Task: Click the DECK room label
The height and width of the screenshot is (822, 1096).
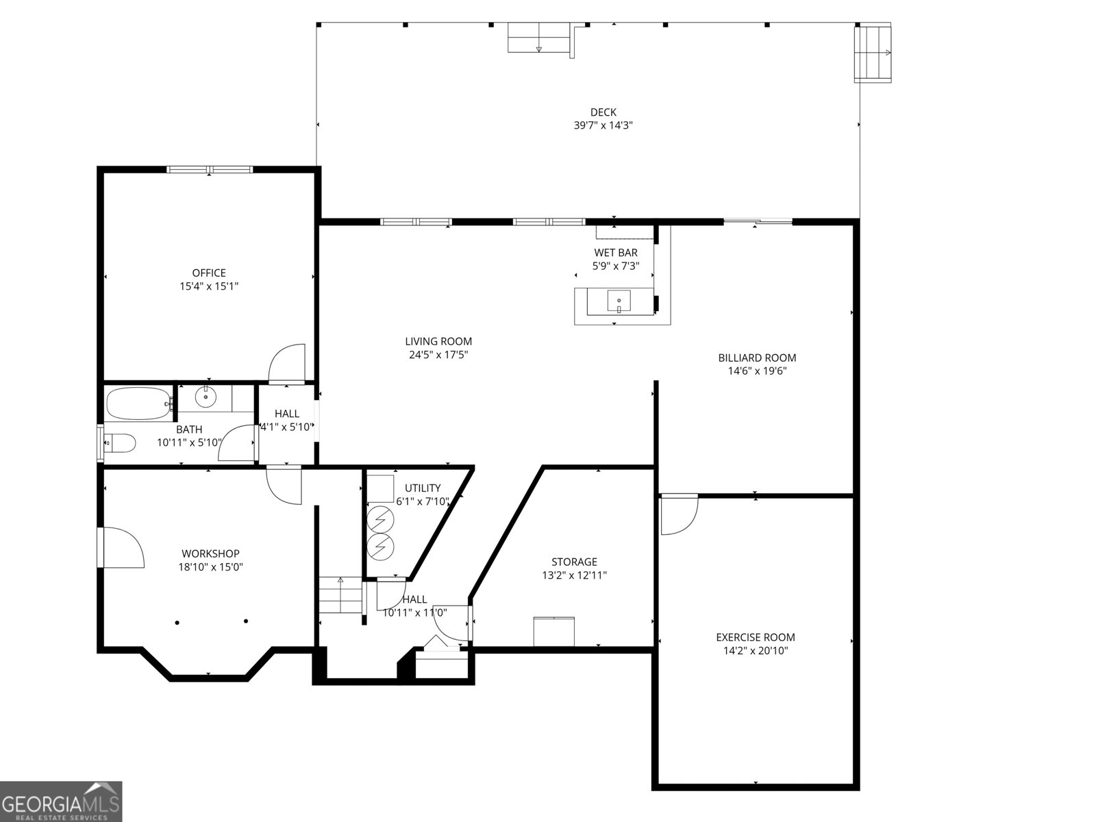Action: point(603,112)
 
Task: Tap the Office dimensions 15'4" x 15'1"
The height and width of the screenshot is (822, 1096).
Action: point(209,286)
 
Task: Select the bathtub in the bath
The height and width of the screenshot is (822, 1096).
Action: point(139,403)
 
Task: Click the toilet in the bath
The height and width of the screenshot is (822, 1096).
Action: point(119,443)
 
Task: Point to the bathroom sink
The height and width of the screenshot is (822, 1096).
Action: point(206,397)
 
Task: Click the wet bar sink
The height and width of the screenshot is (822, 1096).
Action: point(619,301)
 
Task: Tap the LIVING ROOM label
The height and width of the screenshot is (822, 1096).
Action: point(438,341)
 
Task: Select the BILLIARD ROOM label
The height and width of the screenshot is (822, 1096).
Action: point(757,358)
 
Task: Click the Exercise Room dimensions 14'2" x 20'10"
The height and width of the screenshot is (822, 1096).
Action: point(756,651)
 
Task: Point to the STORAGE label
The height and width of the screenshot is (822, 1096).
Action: point(574,562)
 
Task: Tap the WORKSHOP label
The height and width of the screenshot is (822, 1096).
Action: point(210,553)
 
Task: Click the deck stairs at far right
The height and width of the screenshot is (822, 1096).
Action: point(873,53)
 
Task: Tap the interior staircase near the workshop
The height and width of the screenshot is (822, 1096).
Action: point(340,595)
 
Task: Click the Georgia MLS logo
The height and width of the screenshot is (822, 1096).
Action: point(61,801)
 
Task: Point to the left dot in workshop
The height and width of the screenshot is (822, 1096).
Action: point(177,622)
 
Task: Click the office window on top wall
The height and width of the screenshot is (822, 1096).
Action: point(210,169)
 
